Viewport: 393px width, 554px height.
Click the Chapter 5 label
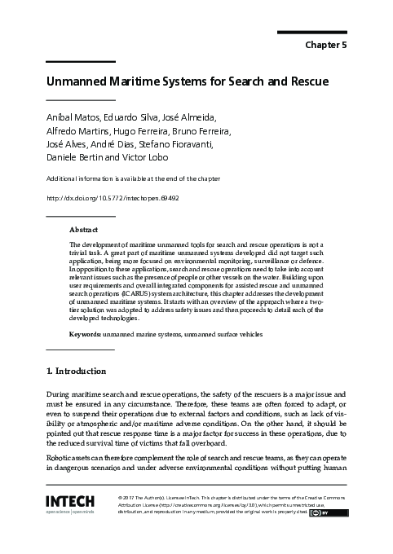[x=325, y=45]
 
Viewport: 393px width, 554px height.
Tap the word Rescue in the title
[x=303, y=82]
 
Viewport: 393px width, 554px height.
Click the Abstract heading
[x=84, y=231]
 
